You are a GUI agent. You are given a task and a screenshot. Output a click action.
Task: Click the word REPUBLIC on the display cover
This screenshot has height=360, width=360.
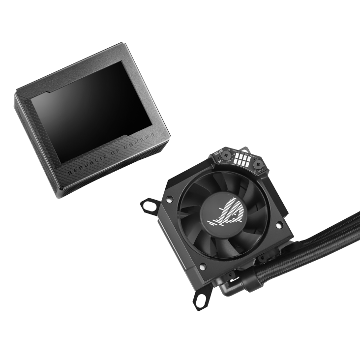coord(85,166)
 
